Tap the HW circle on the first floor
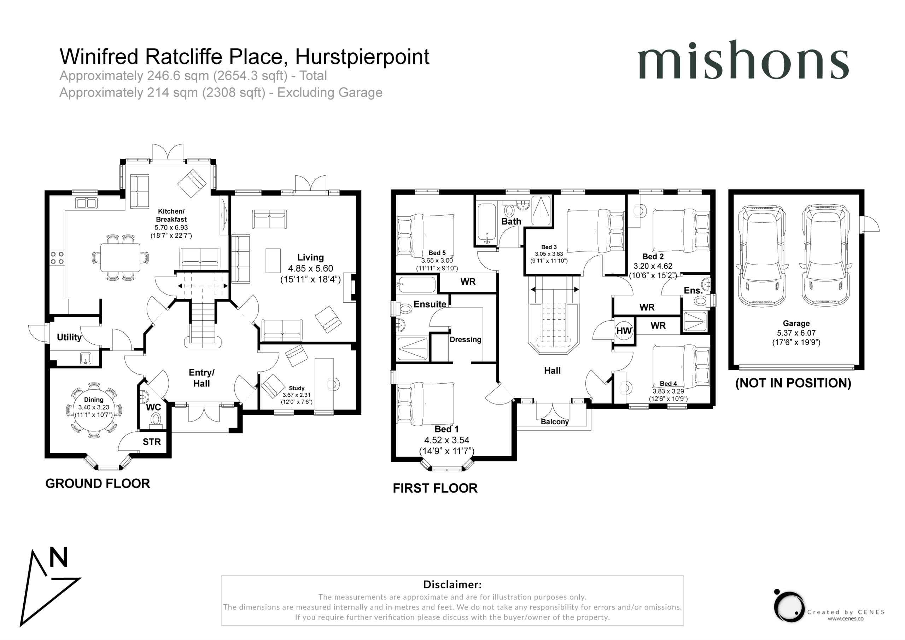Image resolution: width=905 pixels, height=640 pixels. (x=624, y=331)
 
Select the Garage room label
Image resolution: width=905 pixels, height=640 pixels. (x=796, y=323)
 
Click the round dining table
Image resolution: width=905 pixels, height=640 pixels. (x=94, y=410)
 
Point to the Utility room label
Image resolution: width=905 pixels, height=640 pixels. (x=69, y=337)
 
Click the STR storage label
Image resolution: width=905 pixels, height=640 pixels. (x=152, y=442)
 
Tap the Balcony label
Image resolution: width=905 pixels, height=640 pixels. (x=555, y=421)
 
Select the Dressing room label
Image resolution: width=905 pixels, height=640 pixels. (x=466, y=339)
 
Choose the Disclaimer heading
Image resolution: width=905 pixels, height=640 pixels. (x=452, y=584)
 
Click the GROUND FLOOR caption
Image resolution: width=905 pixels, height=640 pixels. (x=98, y=483)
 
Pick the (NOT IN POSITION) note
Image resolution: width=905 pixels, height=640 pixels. (x=793, y=383)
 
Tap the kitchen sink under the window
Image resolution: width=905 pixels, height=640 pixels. (x=86, y=203)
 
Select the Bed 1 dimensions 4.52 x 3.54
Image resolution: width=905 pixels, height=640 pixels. (x=446, y=440)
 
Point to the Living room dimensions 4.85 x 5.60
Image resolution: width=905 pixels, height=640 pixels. (x=311, y=268)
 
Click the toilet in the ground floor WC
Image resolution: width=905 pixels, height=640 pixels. (x=156, y=421)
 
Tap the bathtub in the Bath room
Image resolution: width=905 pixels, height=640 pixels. (x=487, y=223)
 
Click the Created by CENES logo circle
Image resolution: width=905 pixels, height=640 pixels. (x=788, y=607)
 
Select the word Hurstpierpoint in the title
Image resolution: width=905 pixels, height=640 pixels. (x=362, y=57)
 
